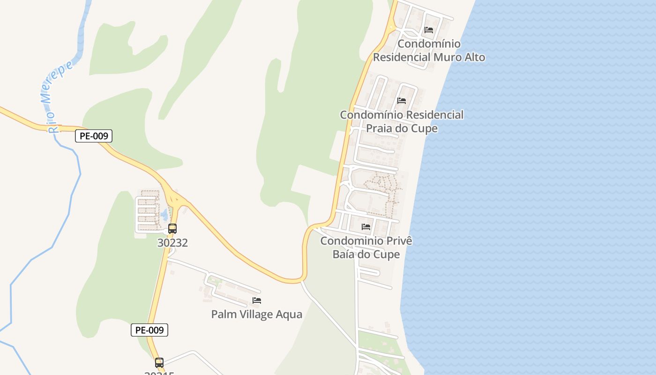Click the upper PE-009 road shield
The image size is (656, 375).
coord(94,136)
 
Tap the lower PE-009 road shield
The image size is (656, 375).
coord(149,330)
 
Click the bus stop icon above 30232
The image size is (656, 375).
coord(172,229)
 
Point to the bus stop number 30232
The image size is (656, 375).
coord(172,243)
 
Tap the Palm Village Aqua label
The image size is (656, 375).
coord(256,314)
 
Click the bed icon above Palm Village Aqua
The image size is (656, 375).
coord(257,300)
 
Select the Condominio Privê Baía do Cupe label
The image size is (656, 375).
coord(366,247)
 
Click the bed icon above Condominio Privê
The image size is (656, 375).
coord(366,227)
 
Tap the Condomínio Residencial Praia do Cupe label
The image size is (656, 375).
coord(402,121)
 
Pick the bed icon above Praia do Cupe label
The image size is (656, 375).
coord(402,100)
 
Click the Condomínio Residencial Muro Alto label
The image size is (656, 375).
coord(429,51)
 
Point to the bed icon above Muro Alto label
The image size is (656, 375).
coord(429,30)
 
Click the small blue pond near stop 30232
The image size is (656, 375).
coord(164,216)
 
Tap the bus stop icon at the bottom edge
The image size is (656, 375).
coord(159,362)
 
